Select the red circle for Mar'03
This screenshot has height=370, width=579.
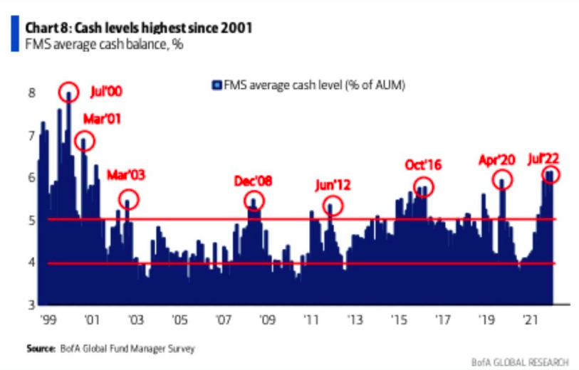[x=128, y=201]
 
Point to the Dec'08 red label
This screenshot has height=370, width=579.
[x=254, y=181]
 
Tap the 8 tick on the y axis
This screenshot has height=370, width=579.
[x=30, y=93]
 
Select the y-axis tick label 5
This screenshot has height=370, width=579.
[x=30, y=220]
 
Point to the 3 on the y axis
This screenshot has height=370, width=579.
[x=30, y=305]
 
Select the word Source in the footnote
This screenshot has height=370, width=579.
[x=41, y=349]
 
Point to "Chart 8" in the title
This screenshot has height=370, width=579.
[x=48, y=28]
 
